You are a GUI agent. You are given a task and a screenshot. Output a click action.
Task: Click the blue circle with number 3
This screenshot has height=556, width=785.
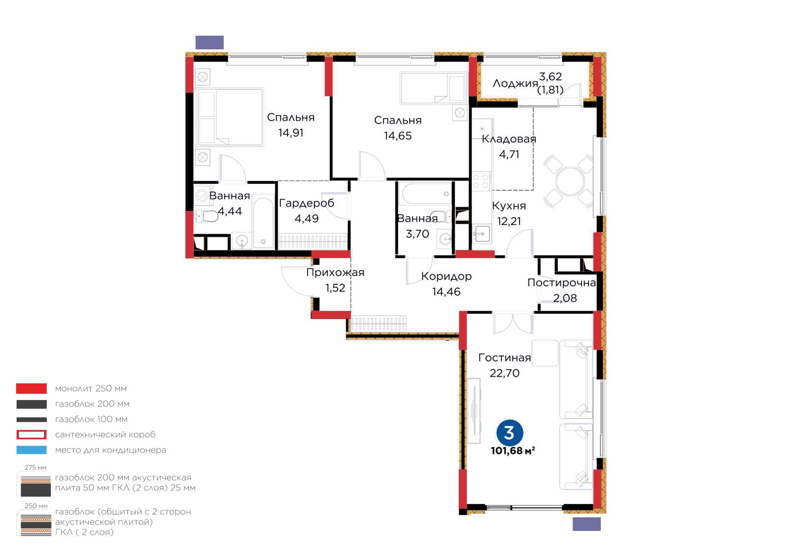[x=510, y=433]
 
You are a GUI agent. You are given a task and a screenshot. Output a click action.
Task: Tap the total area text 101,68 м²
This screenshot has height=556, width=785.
[x=513, y=451]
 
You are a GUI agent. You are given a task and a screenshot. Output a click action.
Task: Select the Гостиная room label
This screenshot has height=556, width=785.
[x=505, y=357]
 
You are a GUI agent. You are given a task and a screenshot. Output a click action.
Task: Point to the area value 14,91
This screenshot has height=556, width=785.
[x=290, y=133]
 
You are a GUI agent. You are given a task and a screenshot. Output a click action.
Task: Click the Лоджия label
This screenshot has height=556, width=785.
[x=515, y=83]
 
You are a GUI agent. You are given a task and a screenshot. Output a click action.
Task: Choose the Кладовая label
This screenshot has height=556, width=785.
[x=509, y=139]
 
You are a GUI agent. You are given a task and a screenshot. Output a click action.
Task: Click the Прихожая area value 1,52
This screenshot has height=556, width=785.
[x=335, y=288]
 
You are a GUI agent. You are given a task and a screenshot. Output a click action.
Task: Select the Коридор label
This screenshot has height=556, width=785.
[x=446, y=276]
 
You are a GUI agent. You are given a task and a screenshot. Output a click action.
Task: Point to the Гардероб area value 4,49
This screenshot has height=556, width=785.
[x=306, y=219]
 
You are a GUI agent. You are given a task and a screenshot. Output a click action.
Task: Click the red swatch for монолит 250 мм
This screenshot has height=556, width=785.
[x=31, y=388]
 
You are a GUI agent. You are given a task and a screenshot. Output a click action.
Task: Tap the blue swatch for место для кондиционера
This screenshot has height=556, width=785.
[x=31, y=450]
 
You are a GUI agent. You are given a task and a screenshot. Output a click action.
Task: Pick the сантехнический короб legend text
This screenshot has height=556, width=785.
[x=105, y=434]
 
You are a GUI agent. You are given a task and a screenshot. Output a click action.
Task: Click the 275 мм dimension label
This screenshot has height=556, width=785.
[x=35, y=467]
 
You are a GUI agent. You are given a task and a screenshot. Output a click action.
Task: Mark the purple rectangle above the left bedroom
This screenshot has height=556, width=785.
[x=209, y=42]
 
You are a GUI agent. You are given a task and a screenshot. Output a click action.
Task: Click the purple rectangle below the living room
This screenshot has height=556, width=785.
[x=587, y=524]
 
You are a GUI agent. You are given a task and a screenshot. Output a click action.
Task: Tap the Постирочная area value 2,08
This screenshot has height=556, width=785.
[x=565, y=298]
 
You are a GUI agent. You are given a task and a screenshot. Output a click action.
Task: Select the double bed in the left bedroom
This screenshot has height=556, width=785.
[x=230, y=117]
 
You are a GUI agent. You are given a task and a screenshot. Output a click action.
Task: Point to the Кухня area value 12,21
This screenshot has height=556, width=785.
[x=509, y=221]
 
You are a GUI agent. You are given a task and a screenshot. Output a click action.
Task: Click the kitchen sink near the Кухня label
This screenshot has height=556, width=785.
[x=481, y=234]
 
